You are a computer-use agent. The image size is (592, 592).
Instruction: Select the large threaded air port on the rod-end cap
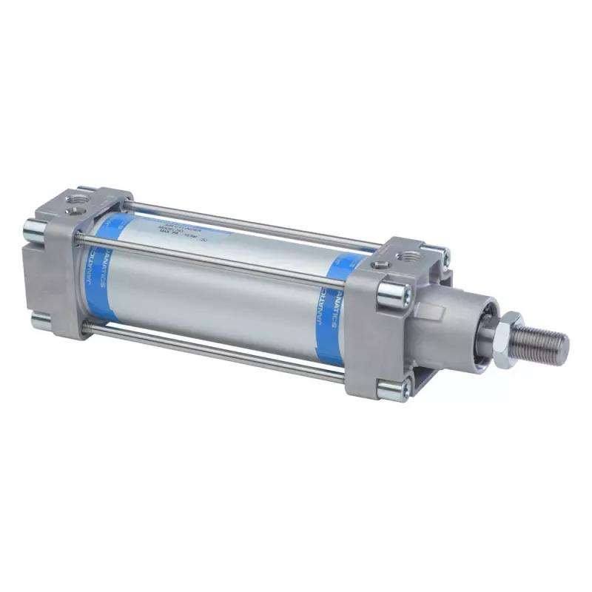pyautogui.click(x=408, y=255)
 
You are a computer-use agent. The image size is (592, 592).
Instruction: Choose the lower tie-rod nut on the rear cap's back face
pyautogui.click(x=39, y=320)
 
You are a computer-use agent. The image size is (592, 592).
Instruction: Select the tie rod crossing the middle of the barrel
pyautogui.click(x=215, y=260)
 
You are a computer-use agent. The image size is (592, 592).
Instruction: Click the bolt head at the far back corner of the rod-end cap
pyautogui.click(x=443, y=255)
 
